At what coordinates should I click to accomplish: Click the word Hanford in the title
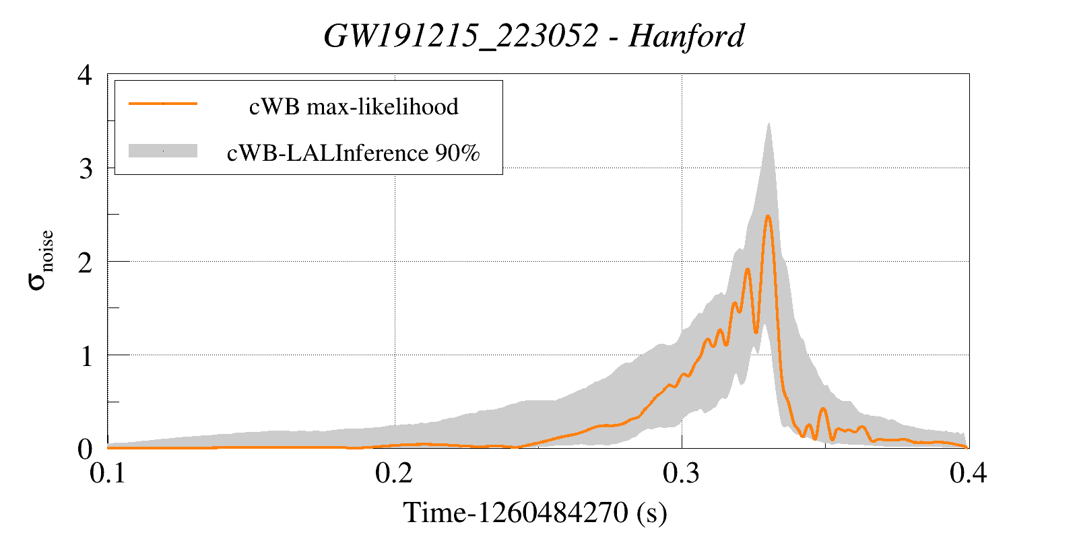tap(686, 36)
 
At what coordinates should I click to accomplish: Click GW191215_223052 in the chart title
tap(461, 36)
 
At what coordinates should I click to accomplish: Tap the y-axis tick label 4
tap(85, 75)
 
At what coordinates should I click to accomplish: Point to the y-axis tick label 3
tap(85, 168)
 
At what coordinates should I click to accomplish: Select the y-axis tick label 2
tap(85, 262)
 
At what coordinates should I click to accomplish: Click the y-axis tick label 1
tap(86, 355)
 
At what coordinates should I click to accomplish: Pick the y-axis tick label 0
tap(85, 449)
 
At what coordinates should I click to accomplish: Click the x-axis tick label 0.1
tap(108, 474)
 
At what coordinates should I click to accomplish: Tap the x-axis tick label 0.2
tap(395, 474)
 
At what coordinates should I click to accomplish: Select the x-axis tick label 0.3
tap(682, 474)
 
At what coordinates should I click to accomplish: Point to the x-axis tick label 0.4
tap(969, 474)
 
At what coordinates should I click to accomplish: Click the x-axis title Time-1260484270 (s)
tap(535, 513)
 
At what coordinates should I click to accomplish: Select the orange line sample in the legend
tap(163, 104)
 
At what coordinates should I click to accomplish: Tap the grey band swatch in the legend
tap(163, 151)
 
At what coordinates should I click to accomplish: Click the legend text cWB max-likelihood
tap(354, 106)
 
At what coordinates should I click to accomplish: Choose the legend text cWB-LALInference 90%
tap(354, 153)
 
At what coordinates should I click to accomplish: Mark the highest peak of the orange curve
tap(767, 216)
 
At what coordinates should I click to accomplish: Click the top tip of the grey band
tap(768, 124)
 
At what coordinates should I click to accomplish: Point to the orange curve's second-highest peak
tap(747, 269)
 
